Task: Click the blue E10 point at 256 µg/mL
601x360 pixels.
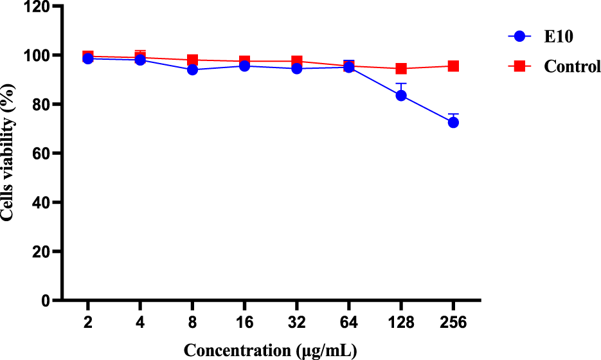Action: [x=453, y=122]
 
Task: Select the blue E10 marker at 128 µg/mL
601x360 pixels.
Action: [x=401, y=95]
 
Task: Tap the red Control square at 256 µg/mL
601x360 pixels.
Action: [x=453, y=66]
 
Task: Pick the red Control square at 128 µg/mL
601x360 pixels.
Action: [x=401, y=68]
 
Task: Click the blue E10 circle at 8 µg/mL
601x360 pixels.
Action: [x=192, y=69]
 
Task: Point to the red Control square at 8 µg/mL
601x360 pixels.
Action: [x=192, y=60]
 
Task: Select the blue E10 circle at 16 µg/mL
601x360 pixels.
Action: [x=244, y=66]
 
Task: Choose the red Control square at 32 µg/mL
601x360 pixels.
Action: [x=297, y=62]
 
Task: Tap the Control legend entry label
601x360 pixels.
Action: [x=571, y=66]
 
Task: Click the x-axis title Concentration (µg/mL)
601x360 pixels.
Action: [x=270, y=350]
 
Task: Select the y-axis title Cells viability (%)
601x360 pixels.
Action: [x=9, y=154]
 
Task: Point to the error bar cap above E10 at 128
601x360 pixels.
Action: [x=401, y=83]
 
